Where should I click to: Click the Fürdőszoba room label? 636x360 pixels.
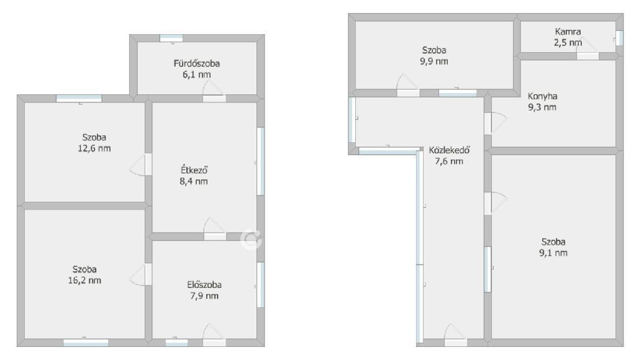(197, 63)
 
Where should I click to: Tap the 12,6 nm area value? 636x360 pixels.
(94, 148)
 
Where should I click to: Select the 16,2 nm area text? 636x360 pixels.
(84, 280)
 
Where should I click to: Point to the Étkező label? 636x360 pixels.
(194, 170)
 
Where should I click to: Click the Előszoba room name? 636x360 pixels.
(204, 285)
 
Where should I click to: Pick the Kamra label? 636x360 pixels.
(568, 31)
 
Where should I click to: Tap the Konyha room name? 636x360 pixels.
(542, 96)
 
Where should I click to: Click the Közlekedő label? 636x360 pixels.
(449, 150)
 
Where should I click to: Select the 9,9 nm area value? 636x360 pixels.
(434, 61)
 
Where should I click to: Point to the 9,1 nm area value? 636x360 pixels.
(553, 253)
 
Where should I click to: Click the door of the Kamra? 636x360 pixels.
(588, 50)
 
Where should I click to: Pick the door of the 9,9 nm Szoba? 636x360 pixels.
(408, 86)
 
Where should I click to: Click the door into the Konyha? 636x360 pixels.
(496, 124)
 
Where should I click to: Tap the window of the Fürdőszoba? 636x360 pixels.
(171, 38)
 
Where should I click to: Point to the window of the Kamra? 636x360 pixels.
(619, 38)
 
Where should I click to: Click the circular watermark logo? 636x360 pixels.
(251, 239)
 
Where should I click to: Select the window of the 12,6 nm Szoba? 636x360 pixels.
(79, 98)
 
